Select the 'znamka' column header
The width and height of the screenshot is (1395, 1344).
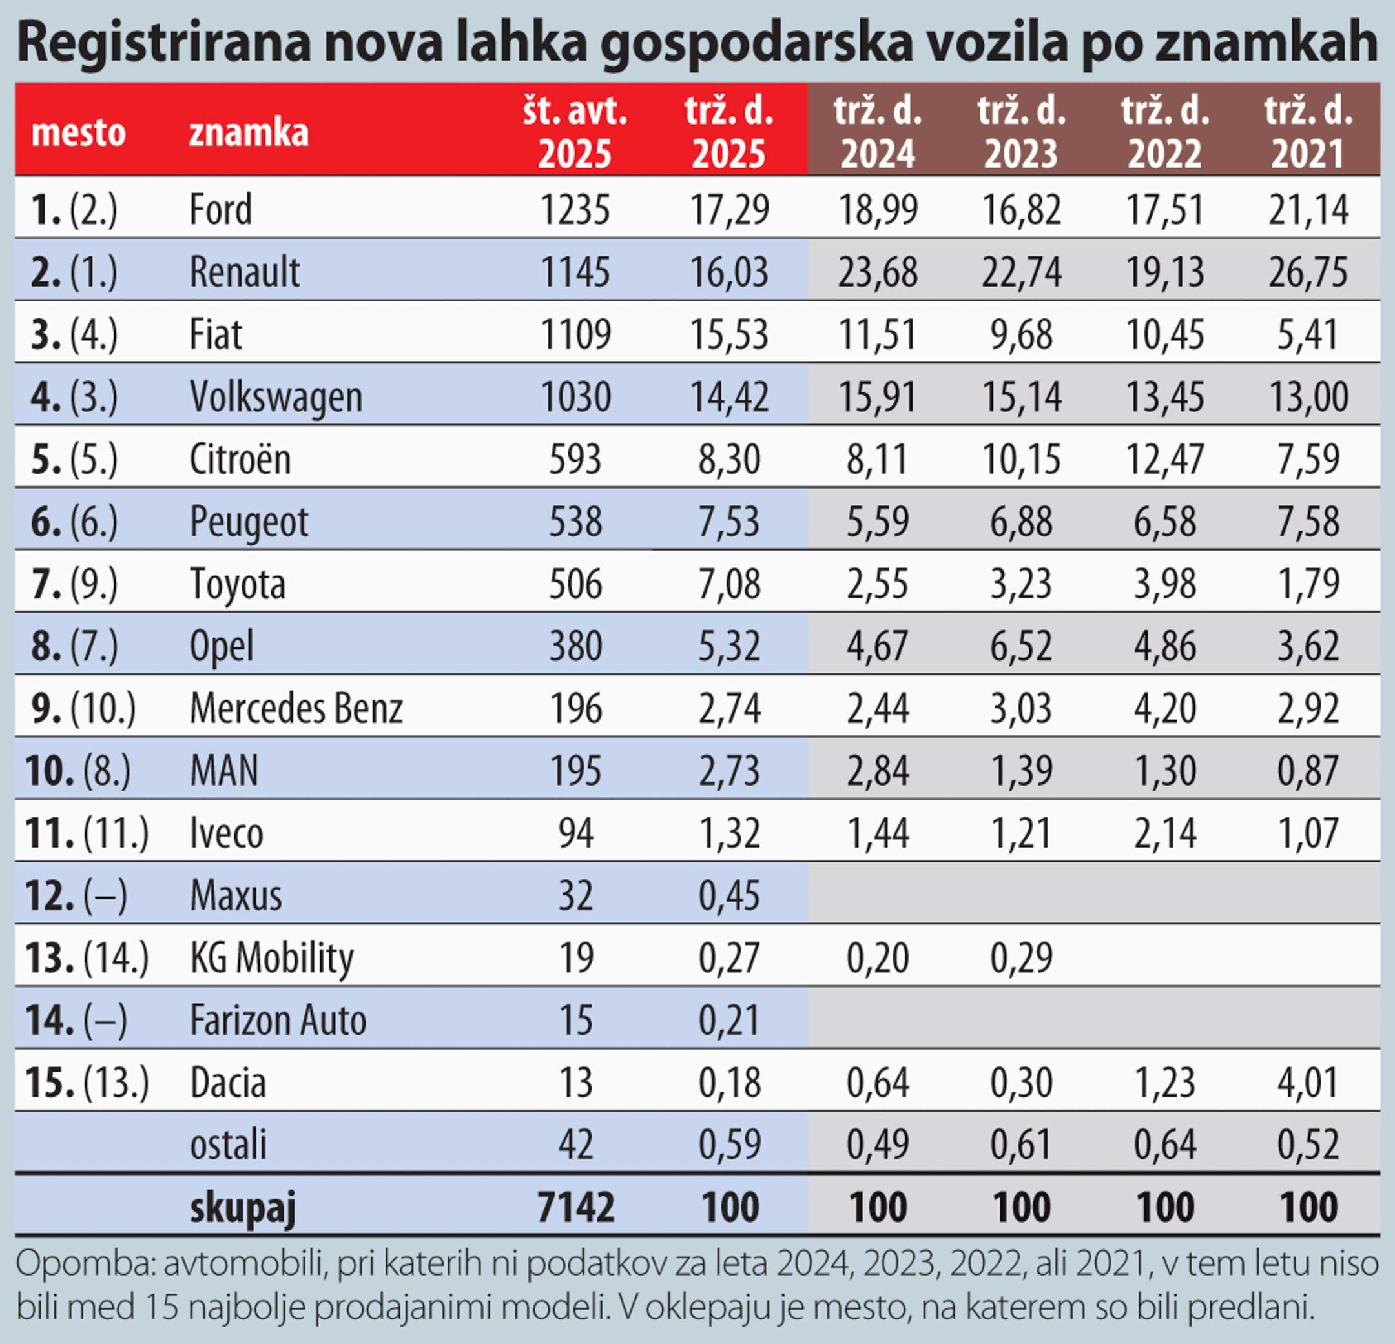tap(249, 132)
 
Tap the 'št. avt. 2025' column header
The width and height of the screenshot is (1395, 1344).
tap(575, 132)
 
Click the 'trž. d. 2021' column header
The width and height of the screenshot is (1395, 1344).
tap(1308, 132)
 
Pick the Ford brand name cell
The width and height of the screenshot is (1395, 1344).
tap(221, 210)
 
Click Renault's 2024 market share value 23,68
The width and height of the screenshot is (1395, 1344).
tap(878, 272)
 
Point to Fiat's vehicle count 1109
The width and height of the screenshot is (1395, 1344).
tap(575, 334)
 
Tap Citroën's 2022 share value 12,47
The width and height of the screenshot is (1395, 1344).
tap(1165, 460)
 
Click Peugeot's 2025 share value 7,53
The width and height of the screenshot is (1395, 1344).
tap(728, 522)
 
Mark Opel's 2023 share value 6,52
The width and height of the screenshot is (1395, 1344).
tap(1021, 646)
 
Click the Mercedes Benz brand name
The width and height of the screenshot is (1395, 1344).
tap(296, 709)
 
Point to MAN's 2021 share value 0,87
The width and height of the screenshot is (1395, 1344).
tap(1308, 771)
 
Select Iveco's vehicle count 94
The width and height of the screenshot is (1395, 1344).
tap(575, 833)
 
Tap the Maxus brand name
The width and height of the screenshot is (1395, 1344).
tap(236, 896)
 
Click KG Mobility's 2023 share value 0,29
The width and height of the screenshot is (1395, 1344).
tap(1021, 958)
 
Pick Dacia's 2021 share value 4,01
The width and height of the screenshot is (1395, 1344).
tap(1308, 1083)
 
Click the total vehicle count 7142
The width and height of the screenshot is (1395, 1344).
tap(575, 1207)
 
